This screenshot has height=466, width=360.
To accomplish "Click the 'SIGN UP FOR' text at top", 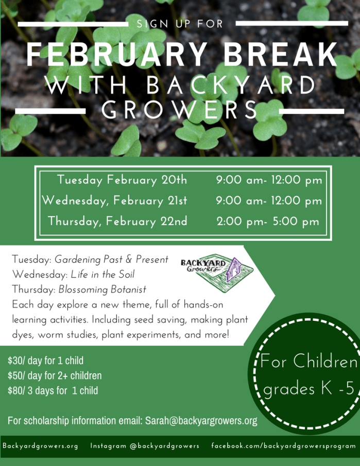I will [180, 24].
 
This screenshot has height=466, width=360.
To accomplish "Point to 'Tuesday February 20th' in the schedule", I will [122, 180].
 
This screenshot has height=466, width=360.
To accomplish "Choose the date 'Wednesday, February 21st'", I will [114, 201].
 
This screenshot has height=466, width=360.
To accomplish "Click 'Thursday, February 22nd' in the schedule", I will [117, 221].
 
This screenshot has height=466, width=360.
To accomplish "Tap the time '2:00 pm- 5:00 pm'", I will [268, 221].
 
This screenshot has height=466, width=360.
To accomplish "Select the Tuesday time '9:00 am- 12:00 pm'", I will [269, 180].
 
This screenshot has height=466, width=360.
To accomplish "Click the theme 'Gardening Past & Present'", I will [111, 260].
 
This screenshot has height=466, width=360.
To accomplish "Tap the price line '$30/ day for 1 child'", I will [45, 360].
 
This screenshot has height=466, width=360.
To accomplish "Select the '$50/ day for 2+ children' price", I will [55, 375].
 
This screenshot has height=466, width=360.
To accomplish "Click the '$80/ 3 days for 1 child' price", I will [53, 390].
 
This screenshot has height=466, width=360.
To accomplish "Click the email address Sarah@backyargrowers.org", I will [201, 421].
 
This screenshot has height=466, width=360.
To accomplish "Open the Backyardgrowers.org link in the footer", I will [40, 446].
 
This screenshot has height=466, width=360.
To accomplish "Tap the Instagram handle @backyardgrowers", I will [164, 446].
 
